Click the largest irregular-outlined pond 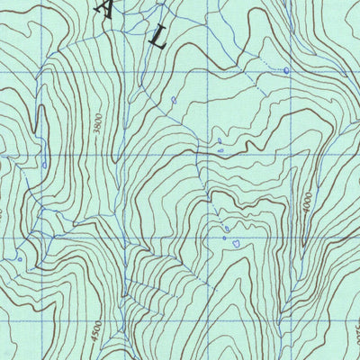(x=236, y=243)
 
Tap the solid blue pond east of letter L (x=286, y=70)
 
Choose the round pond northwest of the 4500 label (x=19, y=258)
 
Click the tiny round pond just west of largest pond (x=224, y=238)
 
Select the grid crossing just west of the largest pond (x=212, y=236)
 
